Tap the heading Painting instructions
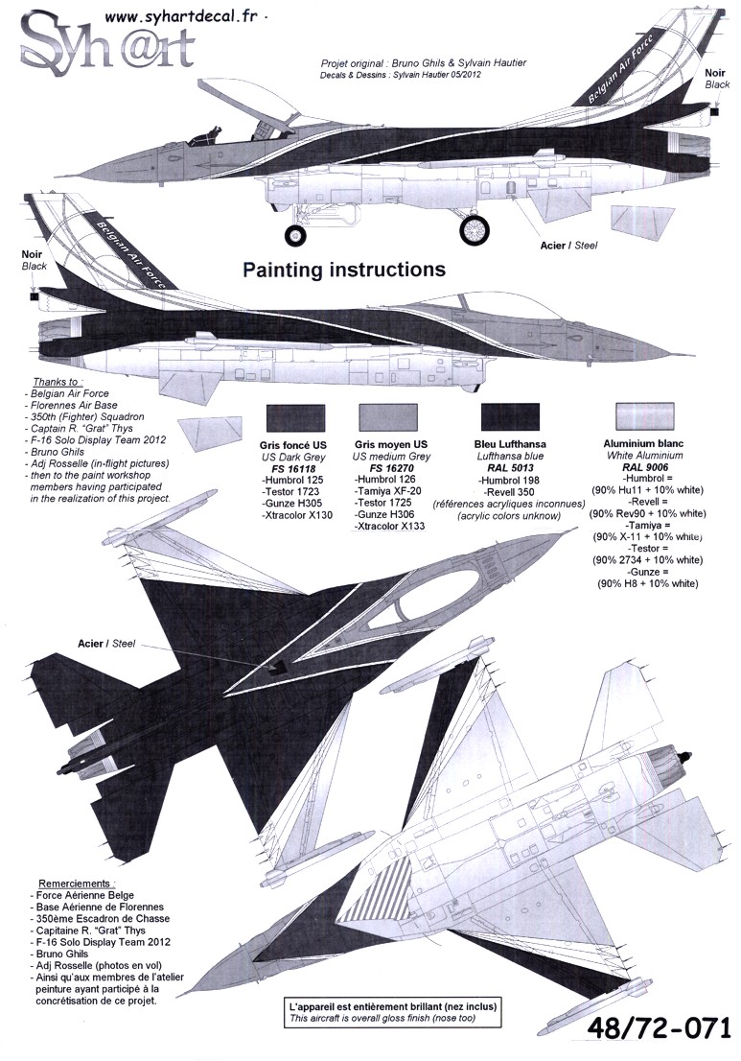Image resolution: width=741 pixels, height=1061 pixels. click(344, 270)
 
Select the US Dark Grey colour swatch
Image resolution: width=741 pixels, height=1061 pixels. click(296, 418)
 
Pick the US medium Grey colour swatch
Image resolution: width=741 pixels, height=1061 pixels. click(388, 418)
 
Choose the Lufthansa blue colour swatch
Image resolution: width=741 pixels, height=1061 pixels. click(510, 418)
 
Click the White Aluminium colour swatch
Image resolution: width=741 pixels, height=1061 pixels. click(644, 417)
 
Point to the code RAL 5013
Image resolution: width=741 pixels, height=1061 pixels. click(510, 467)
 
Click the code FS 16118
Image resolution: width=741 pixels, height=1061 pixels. click(293, 468)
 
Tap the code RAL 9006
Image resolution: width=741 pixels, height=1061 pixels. click(644, 467)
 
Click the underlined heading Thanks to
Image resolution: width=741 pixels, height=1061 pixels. click(57, 382)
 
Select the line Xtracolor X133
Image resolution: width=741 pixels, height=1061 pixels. click(390, 526)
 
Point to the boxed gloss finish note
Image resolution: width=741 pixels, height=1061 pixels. click(393, 1012)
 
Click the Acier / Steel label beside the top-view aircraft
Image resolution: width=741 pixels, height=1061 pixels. click(106, 644)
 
